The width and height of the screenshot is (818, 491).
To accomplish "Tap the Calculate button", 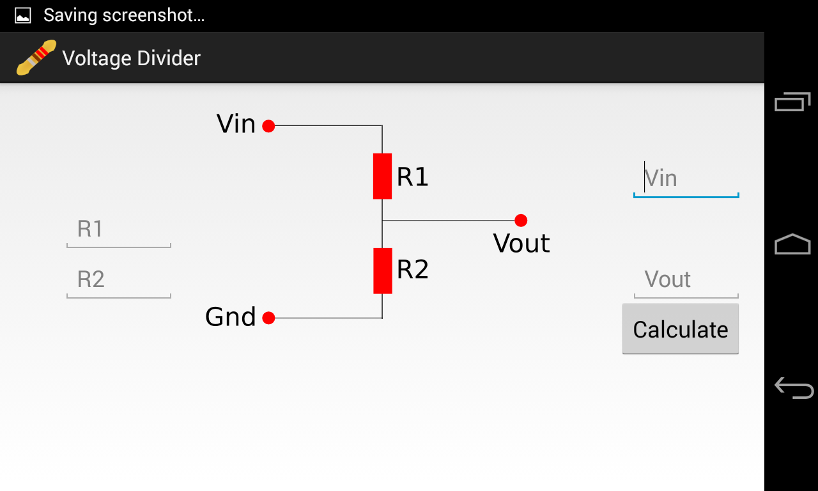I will click(x=680, y=329).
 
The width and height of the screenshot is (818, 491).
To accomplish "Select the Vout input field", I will click(x=686, y=280).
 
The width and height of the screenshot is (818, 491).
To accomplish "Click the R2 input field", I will click(x=119, y=280).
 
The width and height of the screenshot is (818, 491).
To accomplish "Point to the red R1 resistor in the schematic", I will click(x=382, y=176).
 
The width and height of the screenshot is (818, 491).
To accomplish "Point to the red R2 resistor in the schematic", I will click(x=382, y=270).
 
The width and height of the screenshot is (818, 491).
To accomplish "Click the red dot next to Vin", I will click(x=268, y=126).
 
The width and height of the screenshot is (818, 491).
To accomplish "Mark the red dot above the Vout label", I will click(x=521, y=221).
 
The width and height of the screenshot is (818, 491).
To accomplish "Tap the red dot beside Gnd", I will click(x=268, y=318).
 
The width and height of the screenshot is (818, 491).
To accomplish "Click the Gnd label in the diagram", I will click(x=230, y=317).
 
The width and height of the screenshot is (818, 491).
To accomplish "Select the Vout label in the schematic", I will click(x=521, y=244).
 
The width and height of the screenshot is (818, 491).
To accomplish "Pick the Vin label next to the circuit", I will click(x=236, y=124).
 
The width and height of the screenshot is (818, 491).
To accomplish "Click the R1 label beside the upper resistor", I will click(x=412, y=177).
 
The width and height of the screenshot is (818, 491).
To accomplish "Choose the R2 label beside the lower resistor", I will click(x=412, y=270).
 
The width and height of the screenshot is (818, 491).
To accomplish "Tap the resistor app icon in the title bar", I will click(x=36, y=58).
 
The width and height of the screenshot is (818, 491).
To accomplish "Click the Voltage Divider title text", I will click(x=131, y=58).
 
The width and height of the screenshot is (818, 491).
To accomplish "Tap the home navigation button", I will click(x=792, y=244).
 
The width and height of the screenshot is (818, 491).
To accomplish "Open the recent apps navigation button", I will click(x=792, y=102).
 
